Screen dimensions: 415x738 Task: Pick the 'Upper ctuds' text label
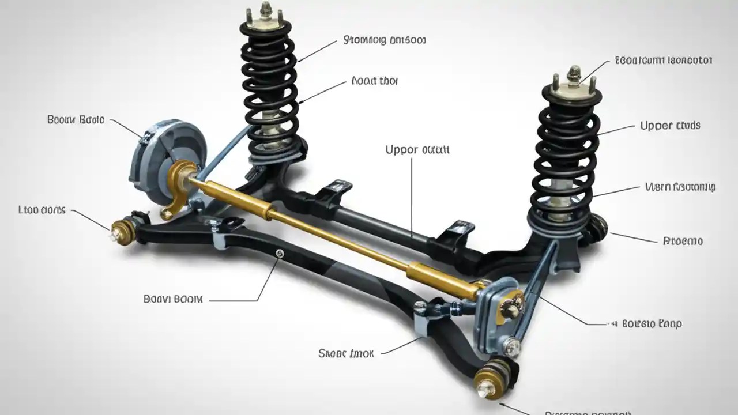click(x=670, y=125)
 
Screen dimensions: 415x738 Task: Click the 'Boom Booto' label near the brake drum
click(x=76, y=120)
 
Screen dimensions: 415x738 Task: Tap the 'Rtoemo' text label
click(x=683, y=241)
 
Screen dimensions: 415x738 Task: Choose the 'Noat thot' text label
click(x=374, y=81)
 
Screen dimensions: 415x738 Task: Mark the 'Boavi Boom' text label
click(x=173, y=299)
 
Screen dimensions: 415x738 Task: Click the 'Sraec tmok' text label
click(x=346, y=353)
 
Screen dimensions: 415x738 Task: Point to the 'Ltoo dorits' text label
click(x=42, y=210)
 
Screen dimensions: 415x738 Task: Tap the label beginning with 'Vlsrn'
click(x=680, y=187)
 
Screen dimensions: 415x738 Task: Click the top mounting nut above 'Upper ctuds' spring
click(x=573, y=74)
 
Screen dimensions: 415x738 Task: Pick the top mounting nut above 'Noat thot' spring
click(x=265, y=9)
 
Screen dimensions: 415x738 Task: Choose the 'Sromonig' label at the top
click(x=385, y=40)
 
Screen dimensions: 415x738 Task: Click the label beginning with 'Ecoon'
click(x=664, y=60)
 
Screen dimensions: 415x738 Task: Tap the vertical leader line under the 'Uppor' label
click(x=412, y=196)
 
